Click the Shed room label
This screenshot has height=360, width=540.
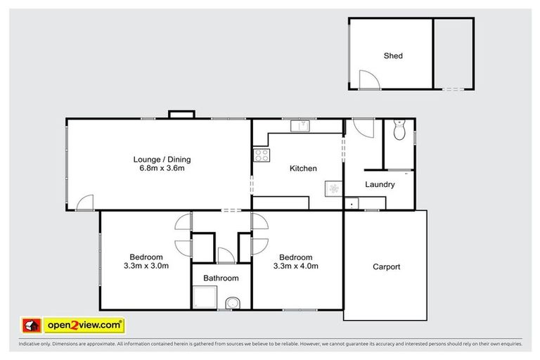point(393,56)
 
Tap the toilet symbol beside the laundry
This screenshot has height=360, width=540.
point(399,129)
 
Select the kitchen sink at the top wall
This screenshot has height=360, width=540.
point(300,126)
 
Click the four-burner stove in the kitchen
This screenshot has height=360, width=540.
point(262,155)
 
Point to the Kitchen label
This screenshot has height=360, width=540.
point(303,169)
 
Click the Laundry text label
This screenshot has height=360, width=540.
point(380,185)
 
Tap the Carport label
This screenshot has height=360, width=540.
point(387,267)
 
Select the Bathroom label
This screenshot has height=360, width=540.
point(221,278)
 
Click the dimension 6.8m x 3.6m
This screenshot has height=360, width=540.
point(162,169)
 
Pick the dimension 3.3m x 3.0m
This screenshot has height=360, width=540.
point(146,266)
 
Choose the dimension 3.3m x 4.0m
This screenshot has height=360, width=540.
point(296,266)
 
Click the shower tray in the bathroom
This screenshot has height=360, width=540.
point(205,297)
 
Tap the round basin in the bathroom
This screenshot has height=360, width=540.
point(233,303)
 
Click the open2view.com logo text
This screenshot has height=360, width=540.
point(84,326)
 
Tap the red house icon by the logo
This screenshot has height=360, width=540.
point(32,326)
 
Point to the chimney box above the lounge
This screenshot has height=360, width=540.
point(181,115)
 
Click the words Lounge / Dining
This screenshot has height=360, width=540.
point(162,160)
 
